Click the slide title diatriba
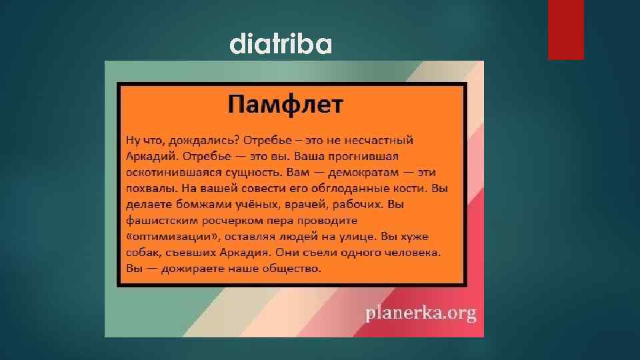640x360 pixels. [x=280, y=45]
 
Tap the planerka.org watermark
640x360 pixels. [x=420, y=313]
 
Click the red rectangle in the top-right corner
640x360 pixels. [x=565, y=29]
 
